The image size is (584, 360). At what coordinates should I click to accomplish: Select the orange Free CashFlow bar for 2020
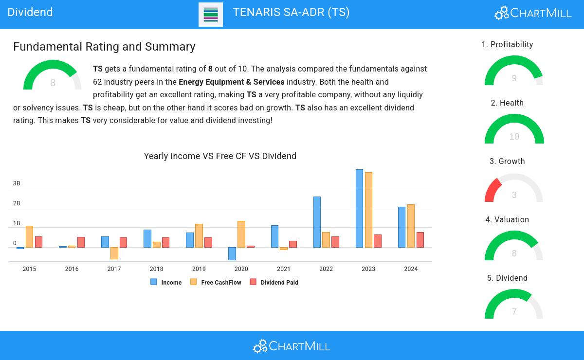[241, 234]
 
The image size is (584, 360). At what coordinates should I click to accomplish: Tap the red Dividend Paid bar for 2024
[420, 240]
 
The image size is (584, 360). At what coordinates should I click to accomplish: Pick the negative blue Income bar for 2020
[232, 253]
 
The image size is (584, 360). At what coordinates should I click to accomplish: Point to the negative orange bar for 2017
[114, 253]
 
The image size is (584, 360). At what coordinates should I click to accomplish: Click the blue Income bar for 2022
[317, 222]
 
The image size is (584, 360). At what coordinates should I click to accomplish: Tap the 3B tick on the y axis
[17, 183]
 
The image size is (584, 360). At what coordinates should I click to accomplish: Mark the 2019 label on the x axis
[199, 269]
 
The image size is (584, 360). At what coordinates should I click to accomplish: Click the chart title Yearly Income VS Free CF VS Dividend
[220, 156]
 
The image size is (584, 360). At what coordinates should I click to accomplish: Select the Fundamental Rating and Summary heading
[104, 47]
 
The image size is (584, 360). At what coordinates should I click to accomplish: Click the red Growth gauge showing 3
[493, 190]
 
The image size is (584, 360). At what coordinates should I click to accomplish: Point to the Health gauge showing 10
[514, 129]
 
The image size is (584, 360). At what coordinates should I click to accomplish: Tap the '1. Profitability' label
[507, 45]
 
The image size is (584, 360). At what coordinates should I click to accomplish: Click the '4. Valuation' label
[507, 220]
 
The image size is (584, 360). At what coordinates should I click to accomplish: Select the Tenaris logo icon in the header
[211, 15]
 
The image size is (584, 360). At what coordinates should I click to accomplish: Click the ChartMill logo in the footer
[292, 346]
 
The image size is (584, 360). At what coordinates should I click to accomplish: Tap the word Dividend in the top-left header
[30, 12]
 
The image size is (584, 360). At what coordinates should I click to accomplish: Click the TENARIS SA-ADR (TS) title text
[291, 12]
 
